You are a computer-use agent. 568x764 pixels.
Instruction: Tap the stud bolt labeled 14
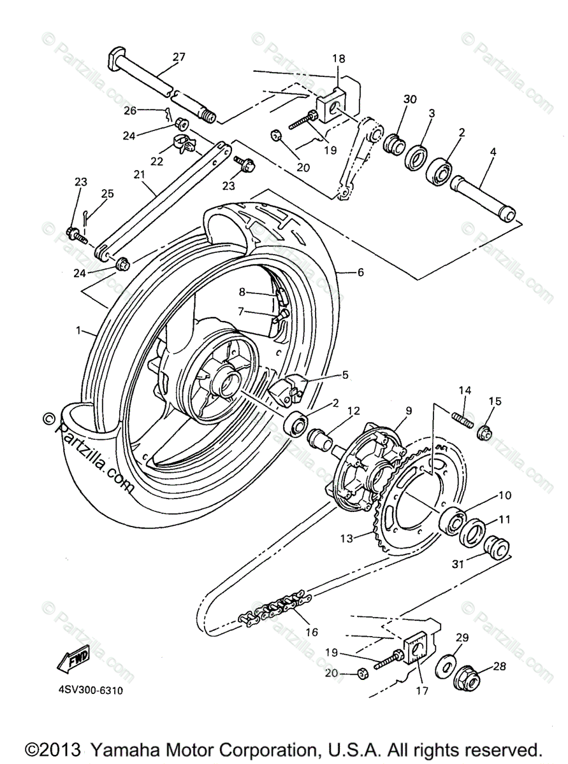[x=462, y=420]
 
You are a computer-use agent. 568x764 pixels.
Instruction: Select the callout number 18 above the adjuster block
[x=338, y=59]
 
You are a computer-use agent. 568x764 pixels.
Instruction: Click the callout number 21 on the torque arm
[x=140, y=174]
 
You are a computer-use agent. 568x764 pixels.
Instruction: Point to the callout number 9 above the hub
[x=409, y=411]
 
